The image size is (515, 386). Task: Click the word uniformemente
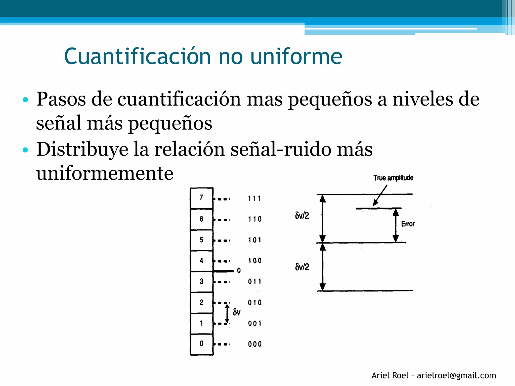(105, 173)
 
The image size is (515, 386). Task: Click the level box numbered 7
(201, 198)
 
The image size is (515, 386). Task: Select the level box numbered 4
(201, 261)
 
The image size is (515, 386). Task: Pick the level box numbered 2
(201, 302)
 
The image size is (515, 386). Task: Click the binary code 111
(254, 199)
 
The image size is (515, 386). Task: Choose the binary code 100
(255, 261)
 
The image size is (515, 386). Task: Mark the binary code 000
(255, 344)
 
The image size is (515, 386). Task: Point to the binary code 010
(255, 303)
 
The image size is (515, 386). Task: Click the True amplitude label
(393, 178)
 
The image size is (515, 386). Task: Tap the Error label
(408, 224)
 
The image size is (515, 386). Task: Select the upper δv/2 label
(302, 216)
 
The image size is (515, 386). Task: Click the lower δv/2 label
(302, 267)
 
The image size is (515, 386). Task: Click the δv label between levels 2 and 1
(236, 312)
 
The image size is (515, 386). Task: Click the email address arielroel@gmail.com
(456, 375)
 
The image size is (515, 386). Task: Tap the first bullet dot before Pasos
(25, 100)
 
